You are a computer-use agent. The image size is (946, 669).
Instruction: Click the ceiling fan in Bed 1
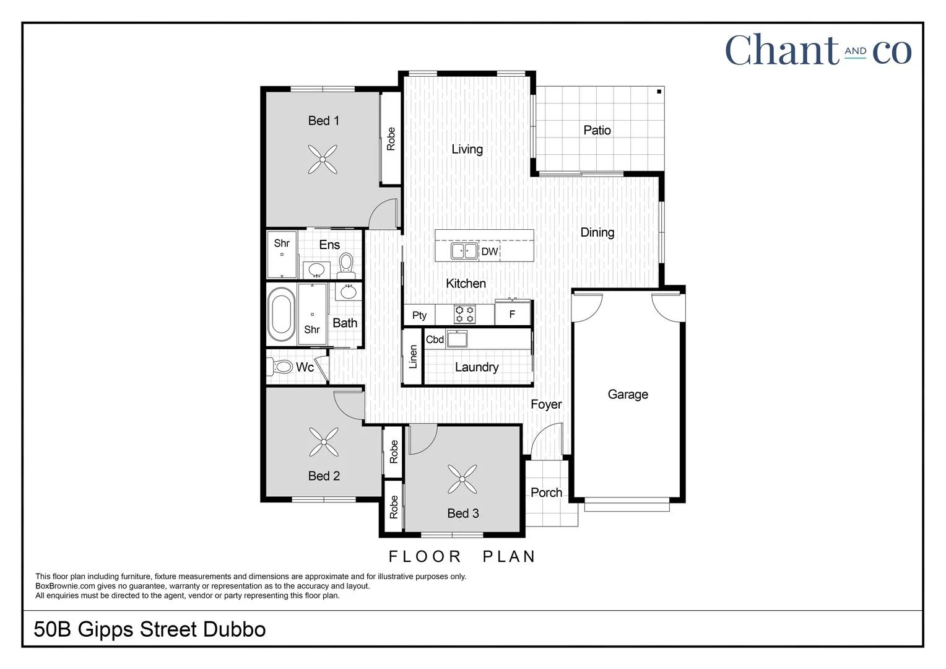(323, 159)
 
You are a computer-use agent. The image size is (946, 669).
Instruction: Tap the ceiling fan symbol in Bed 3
(462, 479)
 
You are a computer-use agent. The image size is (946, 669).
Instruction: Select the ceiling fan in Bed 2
(324, 442)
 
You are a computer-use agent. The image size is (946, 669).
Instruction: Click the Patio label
(597, 130)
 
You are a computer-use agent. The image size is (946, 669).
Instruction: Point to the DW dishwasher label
(489, 251)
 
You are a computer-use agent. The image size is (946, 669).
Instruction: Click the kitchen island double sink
(464, 251)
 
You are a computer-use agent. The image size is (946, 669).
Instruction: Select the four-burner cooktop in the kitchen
(464, 315)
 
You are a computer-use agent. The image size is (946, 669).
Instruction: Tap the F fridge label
(512, 315)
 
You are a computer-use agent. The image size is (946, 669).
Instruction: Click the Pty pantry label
(419, 315)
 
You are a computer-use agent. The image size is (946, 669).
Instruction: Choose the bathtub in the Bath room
(281, 314)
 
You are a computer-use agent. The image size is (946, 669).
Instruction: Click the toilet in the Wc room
(281, 367)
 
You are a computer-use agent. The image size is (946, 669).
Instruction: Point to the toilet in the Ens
(346, 263)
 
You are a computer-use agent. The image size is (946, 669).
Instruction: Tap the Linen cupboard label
(413, 357)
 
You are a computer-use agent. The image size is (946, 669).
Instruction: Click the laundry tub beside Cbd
(457, 339)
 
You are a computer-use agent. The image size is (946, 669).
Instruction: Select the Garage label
(628, 395)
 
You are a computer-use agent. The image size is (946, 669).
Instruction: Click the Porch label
(546, 492)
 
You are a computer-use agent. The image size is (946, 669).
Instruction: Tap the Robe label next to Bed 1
(391, 139)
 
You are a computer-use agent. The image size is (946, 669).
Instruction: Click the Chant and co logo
(818, 50)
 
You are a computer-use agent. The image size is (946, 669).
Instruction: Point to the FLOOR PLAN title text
(462, 556)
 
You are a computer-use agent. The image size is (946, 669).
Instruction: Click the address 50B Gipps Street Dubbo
(150, 629)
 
